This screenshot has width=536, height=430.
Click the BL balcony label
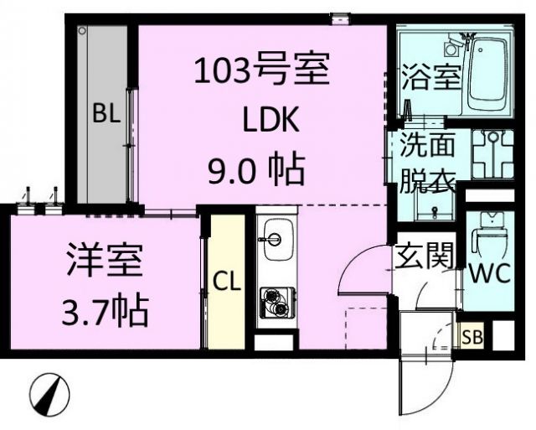tap(106, 115)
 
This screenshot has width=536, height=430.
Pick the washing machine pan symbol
tap(492, 157)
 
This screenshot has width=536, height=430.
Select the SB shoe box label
tap(473, 339)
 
